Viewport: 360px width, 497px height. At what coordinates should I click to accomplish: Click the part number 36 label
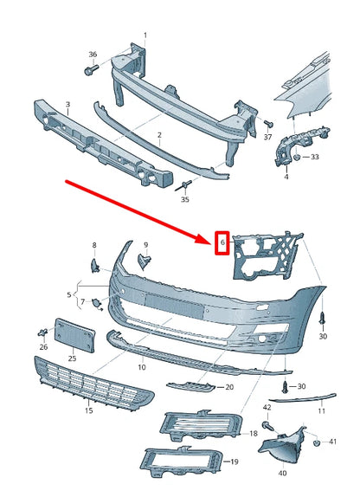point(93,54)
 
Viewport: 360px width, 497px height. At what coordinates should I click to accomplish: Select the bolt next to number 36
point(93,71)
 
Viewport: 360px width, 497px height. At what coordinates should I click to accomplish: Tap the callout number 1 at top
point(145,35)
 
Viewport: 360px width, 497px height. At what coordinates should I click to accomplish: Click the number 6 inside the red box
point(222,244)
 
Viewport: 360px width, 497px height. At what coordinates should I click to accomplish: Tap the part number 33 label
point(314,158)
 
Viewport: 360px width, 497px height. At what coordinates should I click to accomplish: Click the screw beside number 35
point(185,184)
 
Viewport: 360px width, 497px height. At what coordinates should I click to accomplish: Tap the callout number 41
point(333,442)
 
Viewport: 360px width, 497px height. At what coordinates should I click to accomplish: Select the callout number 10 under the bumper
point(141,366)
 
